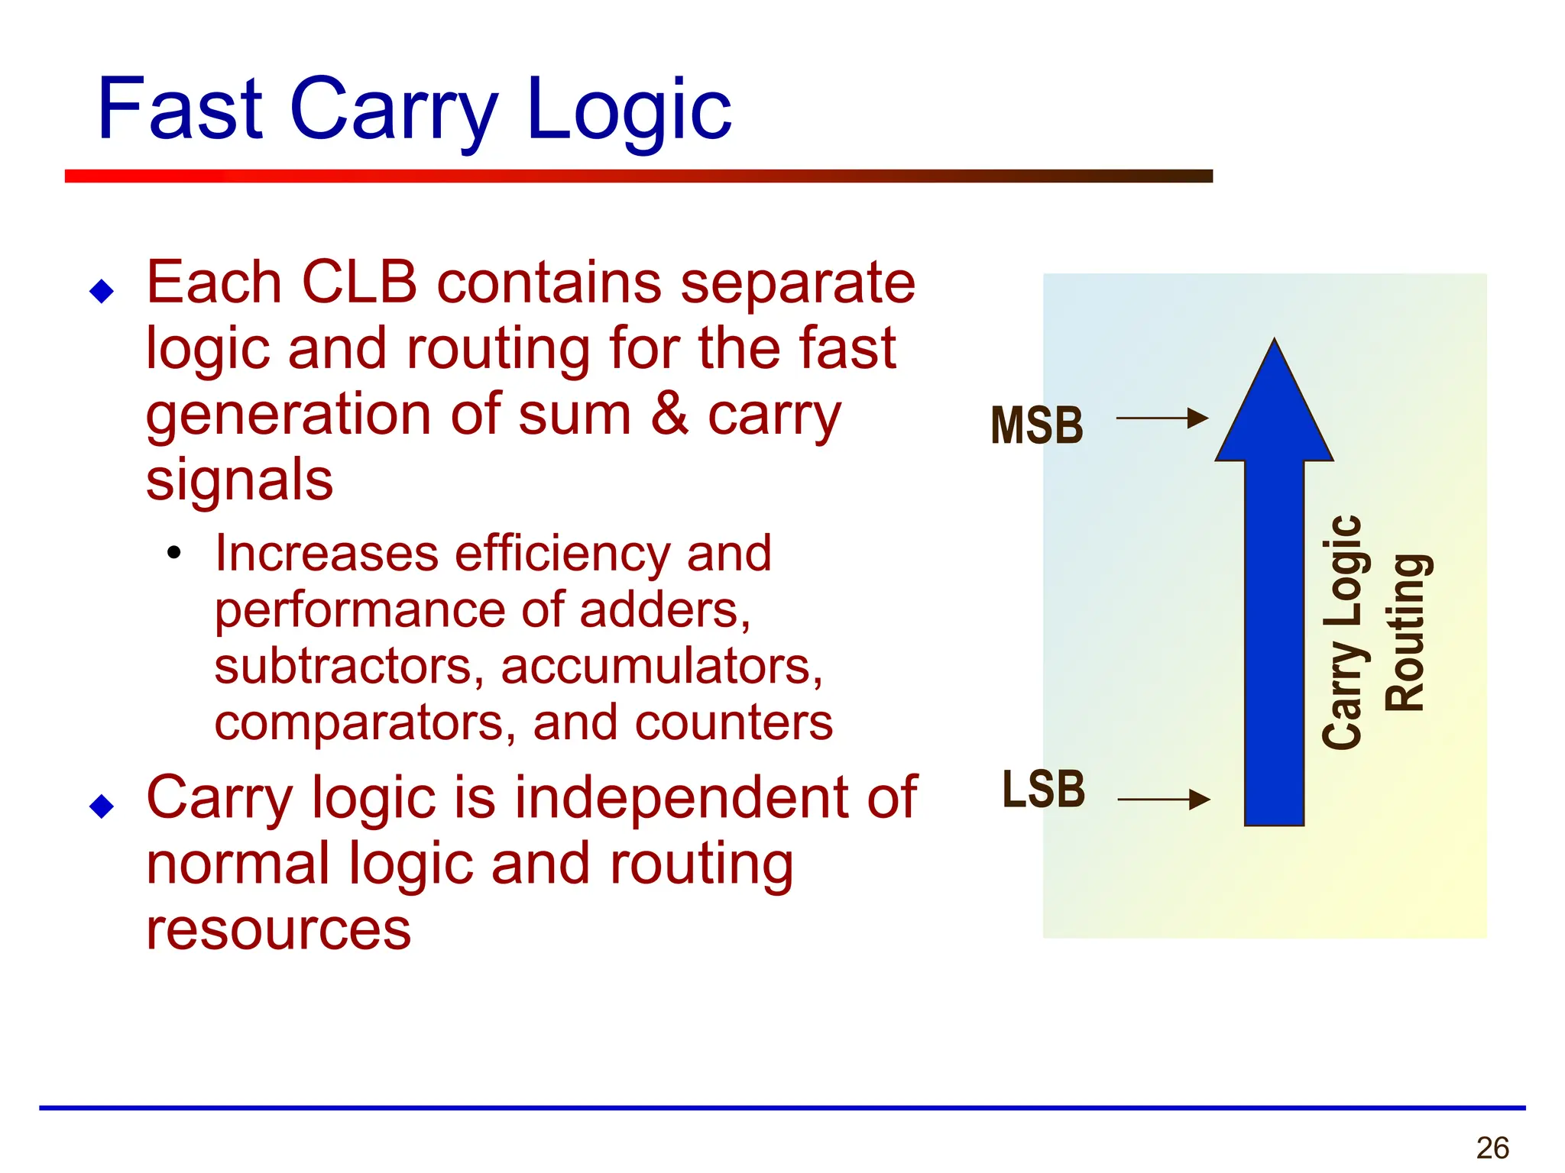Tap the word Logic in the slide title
628,111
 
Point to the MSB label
1037,425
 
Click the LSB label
1043,789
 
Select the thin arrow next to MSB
1162,418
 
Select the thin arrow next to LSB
1163,800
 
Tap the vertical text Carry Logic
1342,632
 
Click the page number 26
1492,1148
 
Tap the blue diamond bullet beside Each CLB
102,291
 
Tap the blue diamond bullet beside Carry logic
102,806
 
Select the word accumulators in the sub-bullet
661,666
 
